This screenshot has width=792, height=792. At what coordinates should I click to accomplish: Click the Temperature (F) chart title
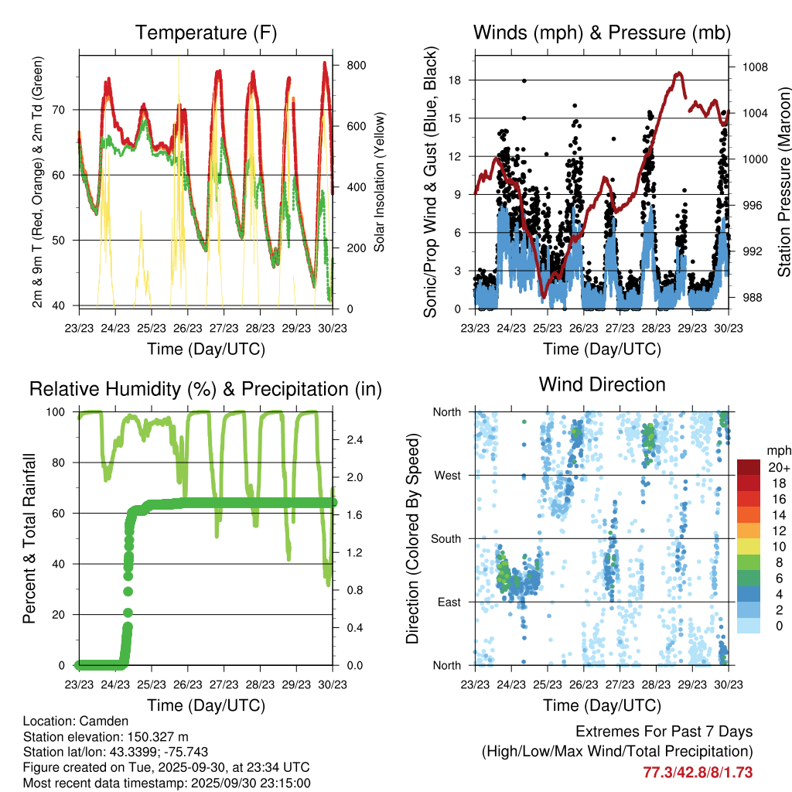(x=206, y=32)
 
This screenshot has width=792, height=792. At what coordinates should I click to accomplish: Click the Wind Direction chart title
(x=602, y=384)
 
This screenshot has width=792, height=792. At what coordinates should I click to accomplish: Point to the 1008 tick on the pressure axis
(x=753, y=67)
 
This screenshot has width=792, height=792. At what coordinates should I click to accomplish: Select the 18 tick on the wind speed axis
(x=454, y=80)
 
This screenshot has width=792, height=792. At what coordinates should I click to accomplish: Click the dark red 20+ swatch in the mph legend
(x=749, y=467)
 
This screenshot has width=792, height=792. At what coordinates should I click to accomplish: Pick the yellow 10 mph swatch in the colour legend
(x=749, y=547)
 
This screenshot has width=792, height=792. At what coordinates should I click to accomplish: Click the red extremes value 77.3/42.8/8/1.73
(x=698, y=772)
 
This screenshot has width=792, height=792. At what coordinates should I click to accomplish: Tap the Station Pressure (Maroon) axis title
(x=783, y=183)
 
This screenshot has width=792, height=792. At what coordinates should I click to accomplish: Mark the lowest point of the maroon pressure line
(x=544, y=296)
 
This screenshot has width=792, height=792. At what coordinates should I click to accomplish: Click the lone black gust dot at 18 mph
(x=524, y=80)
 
